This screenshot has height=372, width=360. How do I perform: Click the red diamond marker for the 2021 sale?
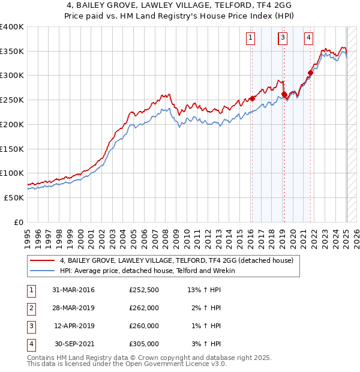(311, 73)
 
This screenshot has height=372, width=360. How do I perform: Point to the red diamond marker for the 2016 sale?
(253, 98)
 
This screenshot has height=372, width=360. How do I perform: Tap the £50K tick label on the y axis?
(14, 197)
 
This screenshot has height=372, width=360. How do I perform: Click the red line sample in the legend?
(43, 261)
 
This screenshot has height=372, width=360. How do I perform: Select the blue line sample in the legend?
(43, 271)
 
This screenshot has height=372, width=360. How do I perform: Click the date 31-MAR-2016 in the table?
(74, 290)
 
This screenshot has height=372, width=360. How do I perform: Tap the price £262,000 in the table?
(144, 308)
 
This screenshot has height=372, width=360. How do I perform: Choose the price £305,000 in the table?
(144, 344)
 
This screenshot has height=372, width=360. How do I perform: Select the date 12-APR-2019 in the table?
(74, 326)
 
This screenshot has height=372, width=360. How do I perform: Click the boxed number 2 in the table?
(30, 308)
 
